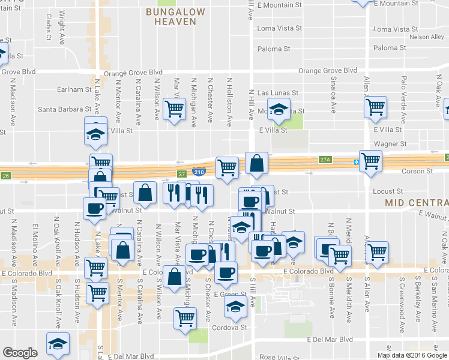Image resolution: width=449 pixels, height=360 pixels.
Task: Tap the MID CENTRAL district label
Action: (417, 203)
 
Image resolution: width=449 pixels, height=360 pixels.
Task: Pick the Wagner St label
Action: (390, 144)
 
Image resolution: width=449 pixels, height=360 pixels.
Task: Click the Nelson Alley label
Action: (427, 37)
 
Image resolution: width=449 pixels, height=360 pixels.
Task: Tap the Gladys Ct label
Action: (49, 32)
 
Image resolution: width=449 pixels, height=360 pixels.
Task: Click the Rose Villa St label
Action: (278, 357)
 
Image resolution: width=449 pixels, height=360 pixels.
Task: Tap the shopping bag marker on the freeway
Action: (256, 163)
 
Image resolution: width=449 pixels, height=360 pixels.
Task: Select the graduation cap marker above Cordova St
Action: (235, 307)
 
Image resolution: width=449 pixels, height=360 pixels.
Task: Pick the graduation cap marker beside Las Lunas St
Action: (278, 109)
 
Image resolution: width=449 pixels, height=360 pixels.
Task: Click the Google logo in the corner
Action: (20, 353)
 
